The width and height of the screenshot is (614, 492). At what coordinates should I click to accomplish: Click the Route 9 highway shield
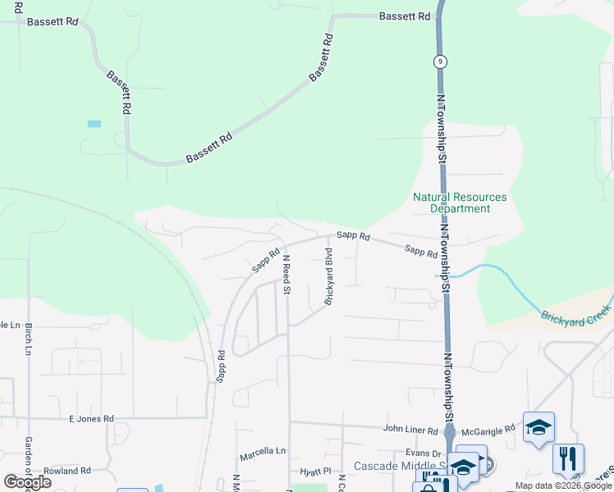click(441, 61)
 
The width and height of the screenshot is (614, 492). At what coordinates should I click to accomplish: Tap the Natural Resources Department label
click(460, 203)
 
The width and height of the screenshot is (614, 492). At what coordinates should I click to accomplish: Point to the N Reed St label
click(286, 274)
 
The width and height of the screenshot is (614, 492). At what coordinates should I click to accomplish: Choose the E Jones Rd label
click(90, 419)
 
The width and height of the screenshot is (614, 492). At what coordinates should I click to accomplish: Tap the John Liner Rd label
click(412, 429)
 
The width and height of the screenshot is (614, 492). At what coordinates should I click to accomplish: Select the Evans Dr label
click(424, 453)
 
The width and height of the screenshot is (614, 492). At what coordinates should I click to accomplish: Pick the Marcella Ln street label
click(263, 452)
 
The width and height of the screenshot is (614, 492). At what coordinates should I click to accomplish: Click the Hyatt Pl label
click(314, 471)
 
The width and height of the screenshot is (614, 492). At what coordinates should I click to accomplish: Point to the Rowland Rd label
click(67, 471)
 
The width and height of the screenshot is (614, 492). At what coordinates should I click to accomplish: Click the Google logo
click(27, 482)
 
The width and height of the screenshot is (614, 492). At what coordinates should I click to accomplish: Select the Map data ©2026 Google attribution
click(562, 486)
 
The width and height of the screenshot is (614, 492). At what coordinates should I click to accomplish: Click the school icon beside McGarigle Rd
click(538, 426)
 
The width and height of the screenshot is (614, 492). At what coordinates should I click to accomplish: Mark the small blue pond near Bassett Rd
click(94, 124)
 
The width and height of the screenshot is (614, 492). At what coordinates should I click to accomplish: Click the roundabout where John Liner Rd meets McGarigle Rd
click(450, 429)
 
